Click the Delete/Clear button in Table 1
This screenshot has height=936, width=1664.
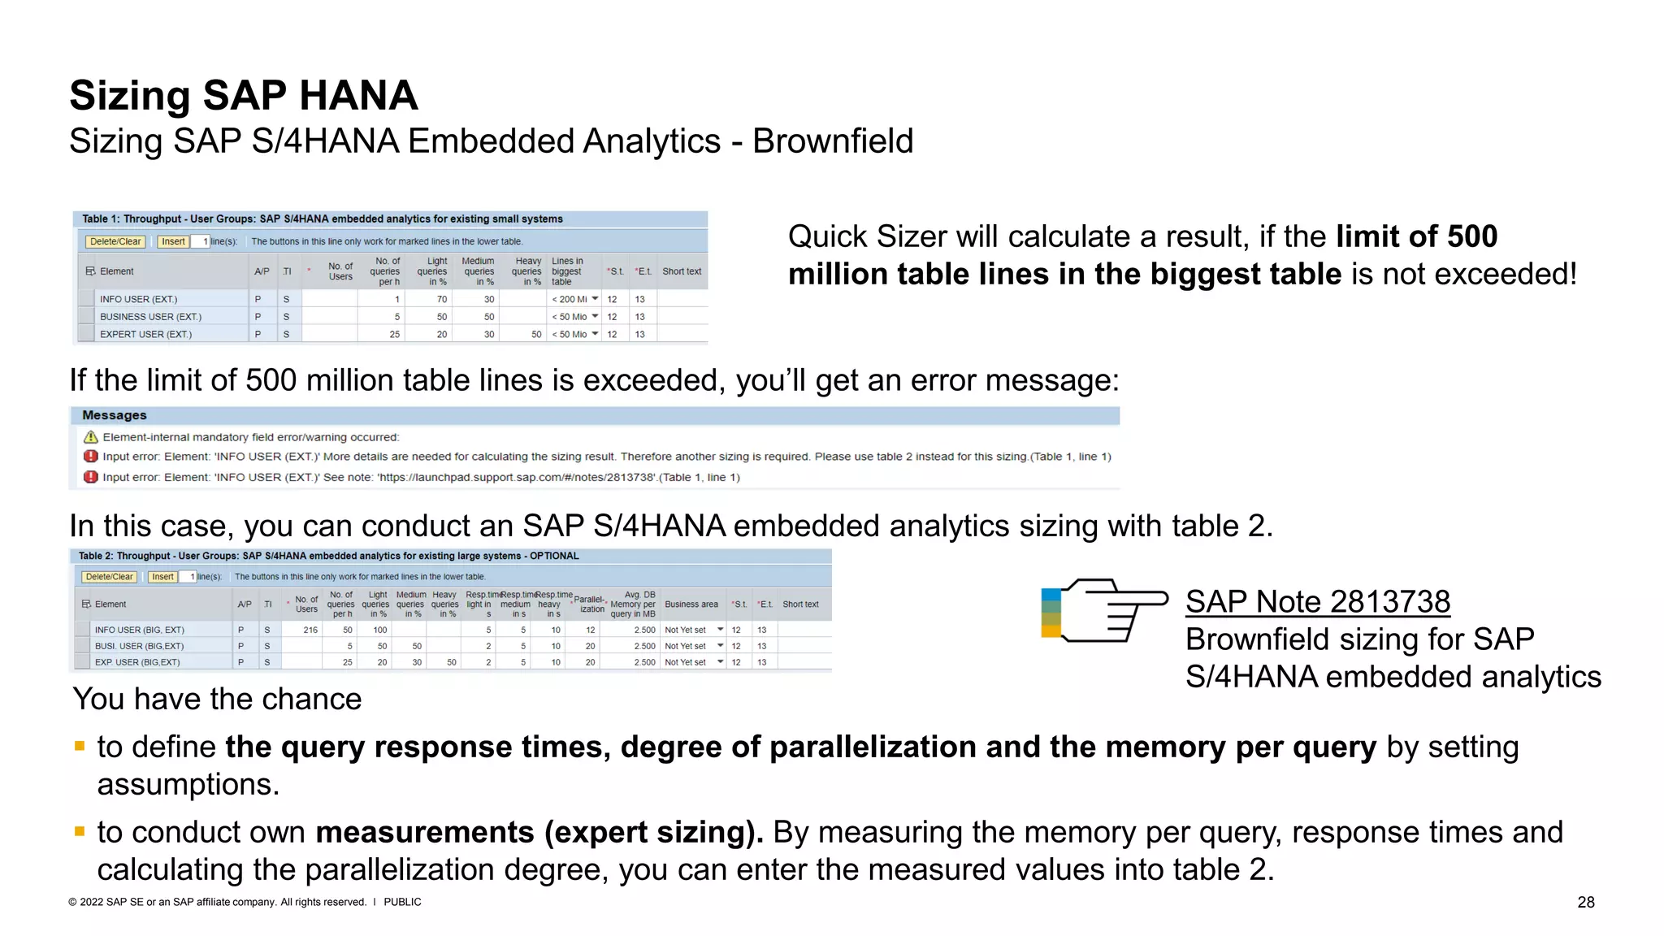[115, 241]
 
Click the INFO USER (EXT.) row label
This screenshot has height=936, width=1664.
[138, 299]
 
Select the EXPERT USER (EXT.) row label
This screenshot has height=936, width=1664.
[145, 334]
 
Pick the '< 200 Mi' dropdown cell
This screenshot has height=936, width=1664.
[575, 299]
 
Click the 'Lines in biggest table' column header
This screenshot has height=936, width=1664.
[567, 271]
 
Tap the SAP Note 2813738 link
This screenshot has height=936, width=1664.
[1317, 602]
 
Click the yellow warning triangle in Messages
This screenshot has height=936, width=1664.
[91, 437]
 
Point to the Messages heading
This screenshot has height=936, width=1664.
[115, 415]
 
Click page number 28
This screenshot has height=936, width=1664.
[1585, 902]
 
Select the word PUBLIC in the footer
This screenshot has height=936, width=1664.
[402, 902]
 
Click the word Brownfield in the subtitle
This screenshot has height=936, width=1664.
[832, 141]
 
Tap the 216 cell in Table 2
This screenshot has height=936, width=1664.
[310, 630]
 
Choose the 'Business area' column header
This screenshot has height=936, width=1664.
[691, 604]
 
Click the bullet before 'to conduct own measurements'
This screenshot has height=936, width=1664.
[80, 831]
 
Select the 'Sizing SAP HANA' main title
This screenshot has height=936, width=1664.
[243, 95]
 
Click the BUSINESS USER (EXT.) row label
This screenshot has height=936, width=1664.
[150, 317]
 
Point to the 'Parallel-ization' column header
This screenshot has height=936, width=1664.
[591, 604]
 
